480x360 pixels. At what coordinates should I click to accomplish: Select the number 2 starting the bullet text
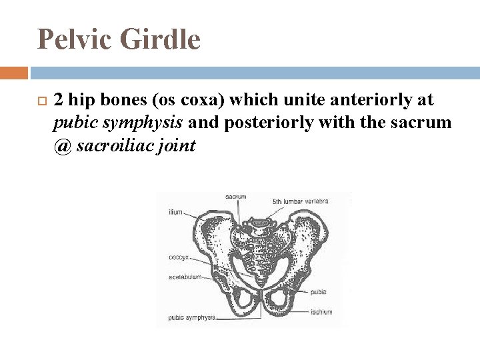point(59,101)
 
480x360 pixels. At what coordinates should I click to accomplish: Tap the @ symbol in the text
point(62,145)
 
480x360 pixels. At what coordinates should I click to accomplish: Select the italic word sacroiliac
point(114,145)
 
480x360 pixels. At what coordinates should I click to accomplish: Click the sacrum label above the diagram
point(235,197)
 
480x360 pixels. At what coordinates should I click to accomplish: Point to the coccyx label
point(178,255)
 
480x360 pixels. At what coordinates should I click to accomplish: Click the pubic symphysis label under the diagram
point(191,317)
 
